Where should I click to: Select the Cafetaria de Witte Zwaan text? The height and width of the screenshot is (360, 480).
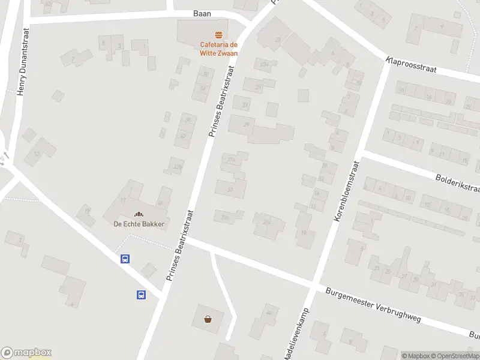coord(218,49)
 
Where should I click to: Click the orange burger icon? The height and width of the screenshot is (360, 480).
coord(219,35)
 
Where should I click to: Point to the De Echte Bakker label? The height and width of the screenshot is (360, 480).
coord(139,224)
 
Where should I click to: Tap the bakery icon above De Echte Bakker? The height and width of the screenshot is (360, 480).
coord(139,214)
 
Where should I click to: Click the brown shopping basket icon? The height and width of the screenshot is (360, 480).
coord(208,319)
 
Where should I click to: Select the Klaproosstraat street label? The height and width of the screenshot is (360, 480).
coord(411,65)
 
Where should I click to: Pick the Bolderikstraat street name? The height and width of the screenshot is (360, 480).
coord(458,182)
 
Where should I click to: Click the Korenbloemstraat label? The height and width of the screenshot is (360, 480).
coord(346,191)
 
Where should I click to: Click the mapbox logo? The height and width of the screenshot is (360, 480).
coord(26,353)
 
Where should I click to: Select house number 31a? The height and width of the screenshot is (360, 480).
coord(232,159)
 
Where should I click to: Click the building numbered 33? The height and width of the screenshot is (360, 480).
coord(230,190)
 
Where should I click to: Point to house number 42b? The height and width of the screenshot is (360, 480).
coord(176,166)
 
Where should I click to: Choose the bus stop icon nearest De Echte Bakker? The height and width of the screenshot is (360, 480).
coord(125,259)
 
